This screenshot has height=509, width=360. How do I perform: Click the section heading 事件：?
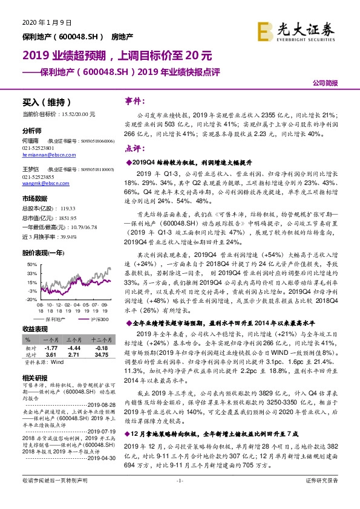[133, 101]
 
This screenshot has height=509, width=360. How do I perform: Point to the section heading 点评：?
[133, 149]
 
